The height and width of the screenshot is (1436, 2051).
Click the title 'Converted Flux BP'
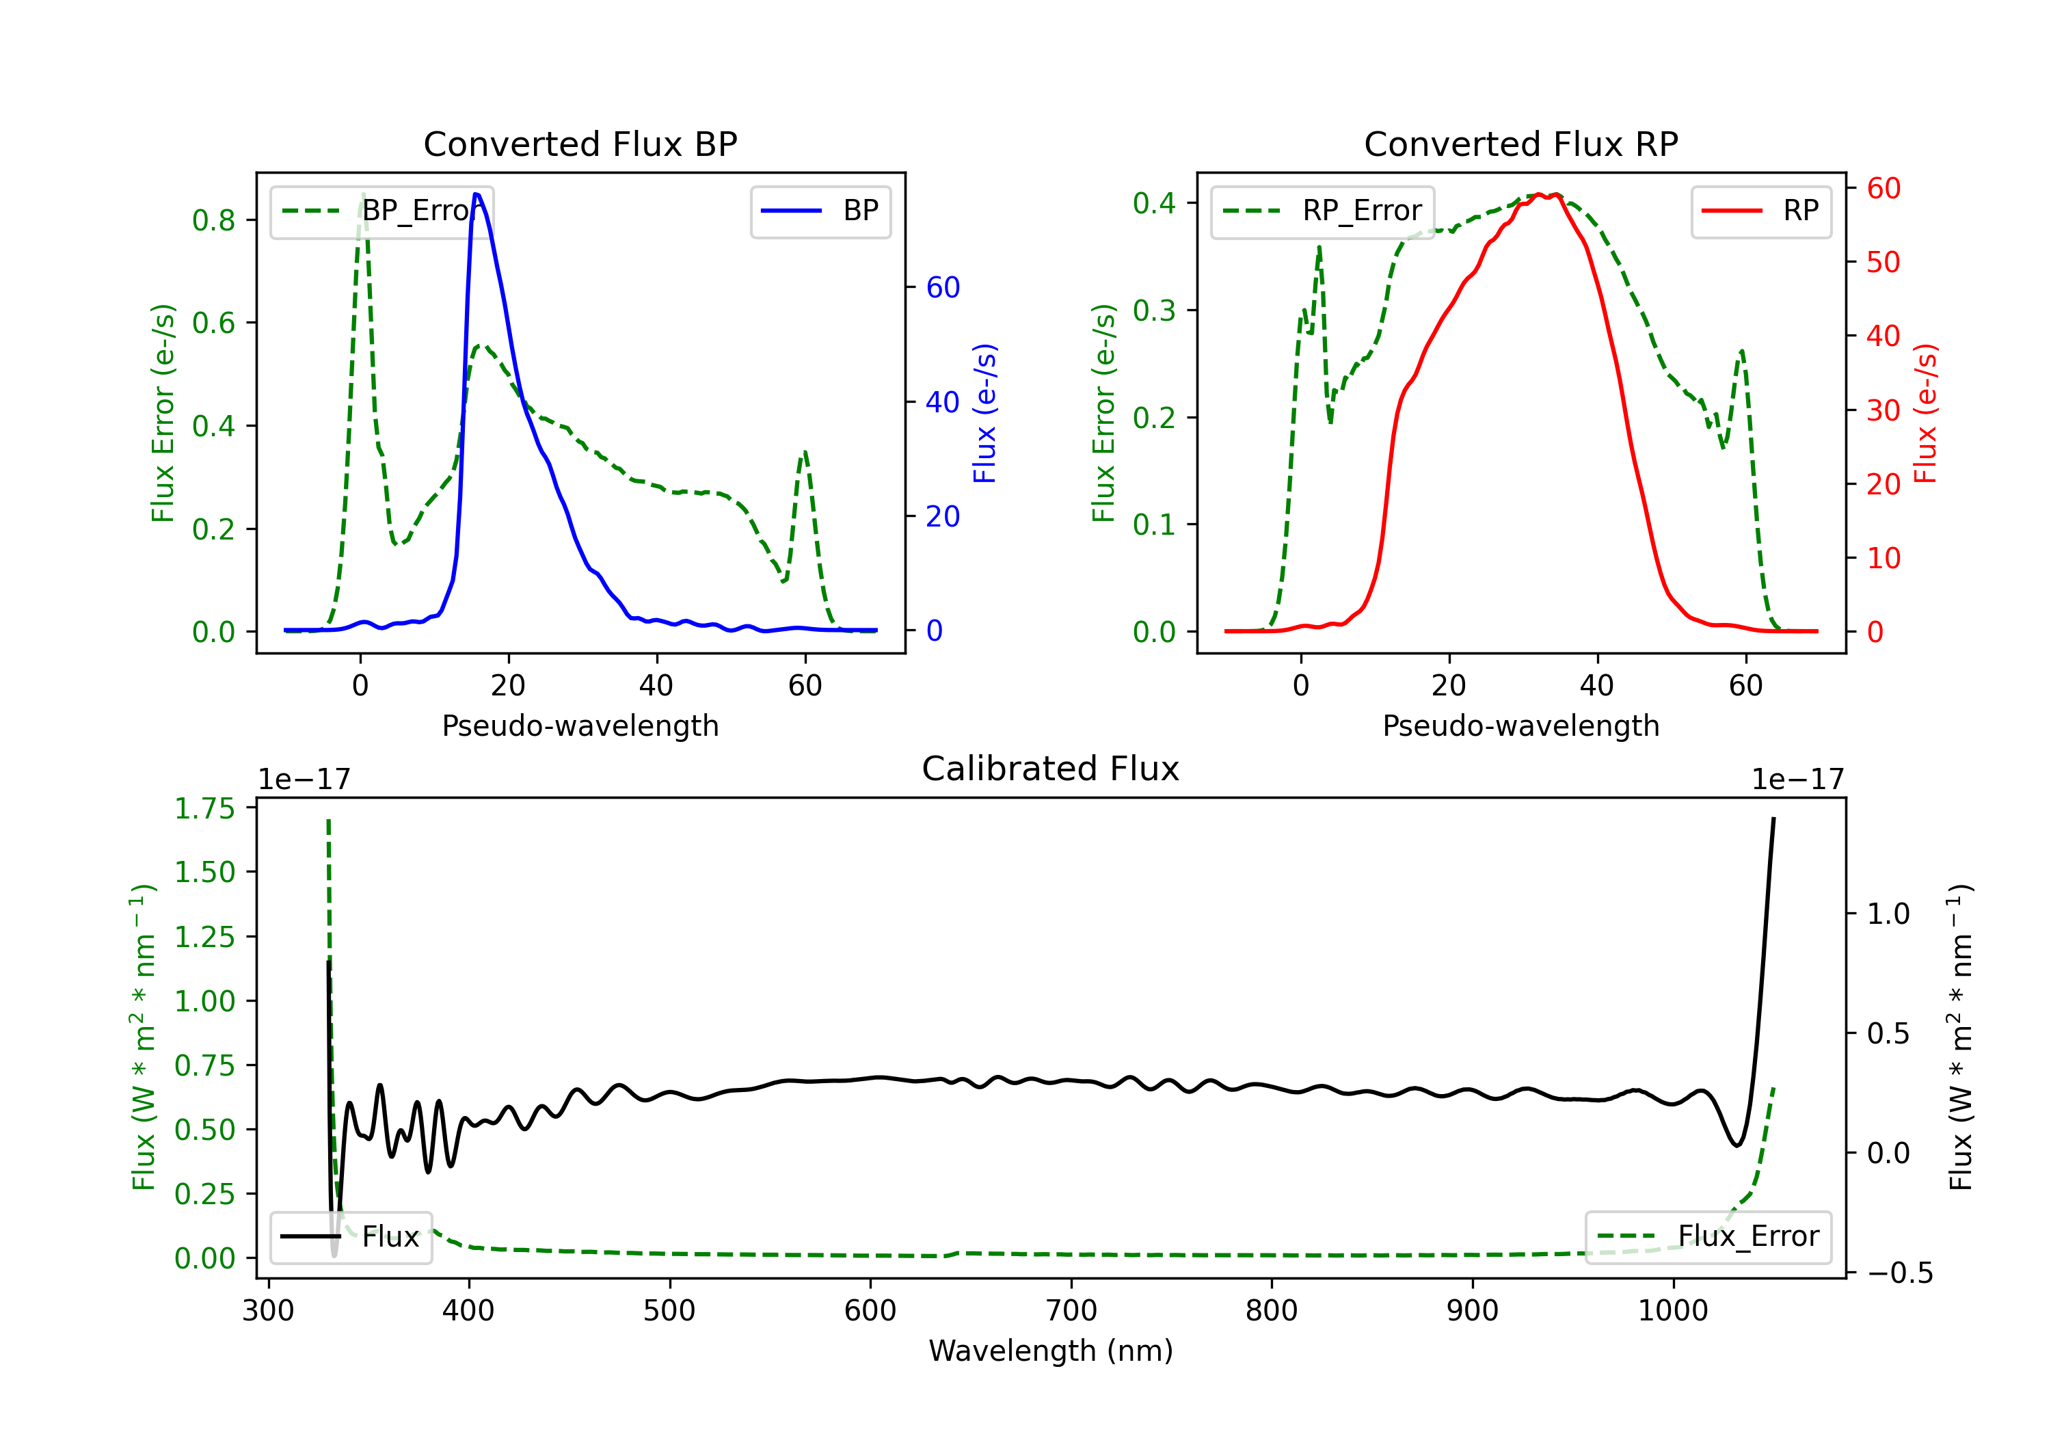pos(580,144)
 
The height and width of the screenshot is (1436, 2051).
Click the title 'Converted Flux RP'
pos(1520,144)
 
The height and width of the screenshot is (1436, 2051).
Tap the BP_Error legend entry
pos(382,211)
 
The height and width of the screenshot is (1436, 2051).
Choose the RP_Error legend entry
pos(1322,211)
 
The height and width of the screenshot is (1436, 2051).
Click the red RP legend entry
pos(1760,211)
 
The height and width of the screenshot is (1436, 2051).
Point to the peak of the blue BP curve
pos(476,194)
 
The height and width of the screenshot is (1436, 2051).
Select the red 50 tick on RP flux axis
pos(1883,262)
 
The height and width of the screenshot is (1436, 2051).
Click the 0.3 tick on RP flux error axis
pos(1154,310)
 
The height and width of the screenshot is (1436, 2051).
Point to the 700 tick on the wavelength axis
pos(1071,1310)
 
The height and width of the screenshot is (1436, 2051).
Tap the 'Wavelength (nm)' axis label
pos(1051,1351)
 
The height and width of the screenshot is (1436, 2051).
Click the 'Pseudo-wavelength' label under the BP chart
pos(580,726)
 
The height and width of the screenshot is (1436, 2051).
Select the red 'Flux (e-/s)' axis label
pos(1926,413)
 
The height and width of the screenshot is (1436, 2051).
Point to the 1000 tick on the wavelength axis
pos(1673,1310)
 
